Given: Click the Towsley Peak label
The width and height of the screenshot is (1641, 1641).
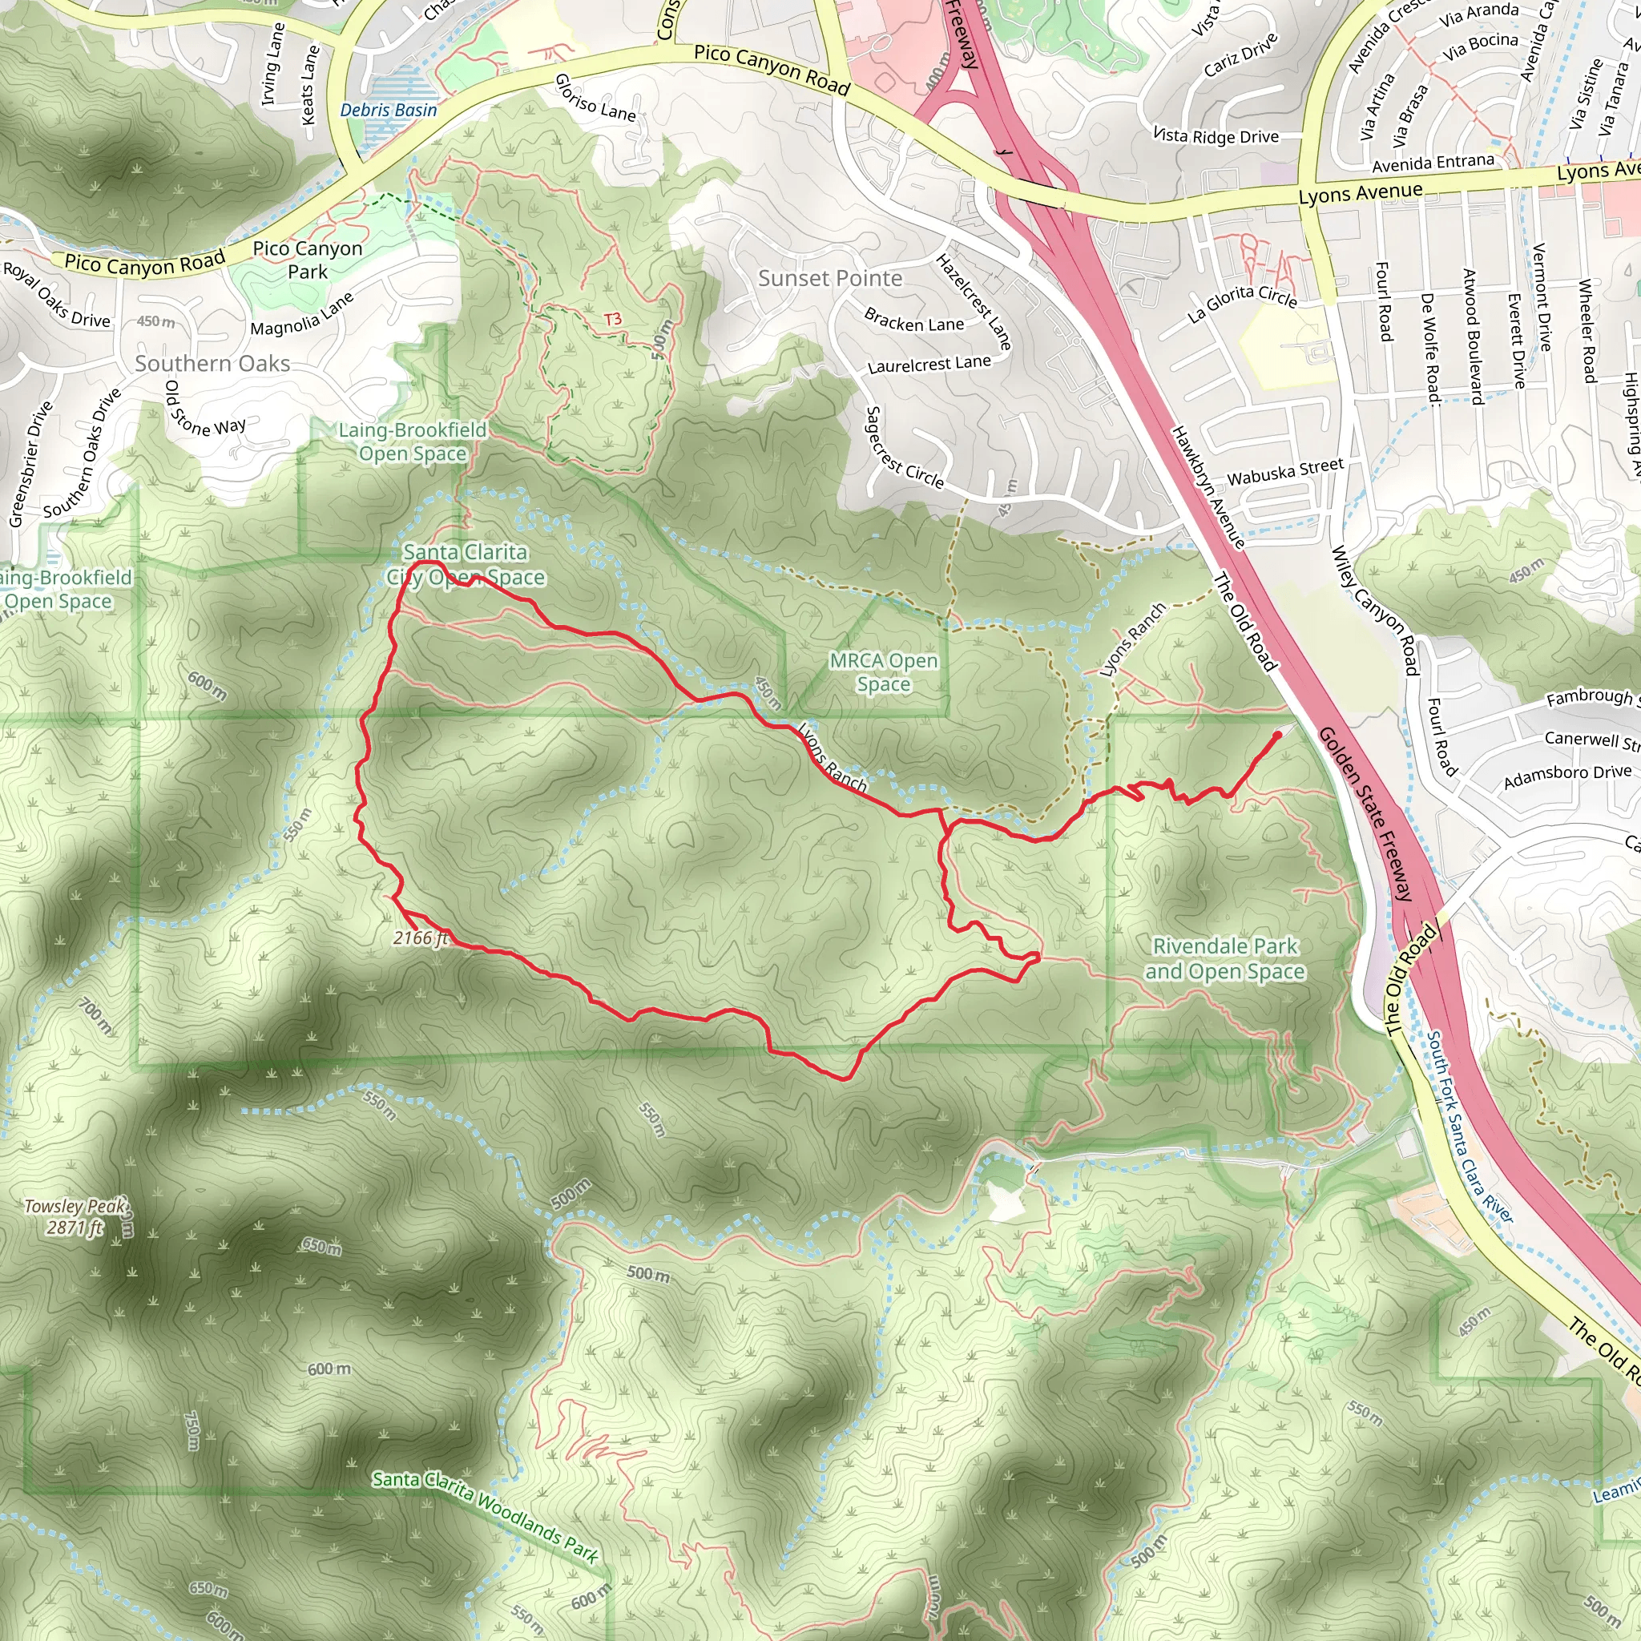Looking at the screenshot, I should (75, 1216).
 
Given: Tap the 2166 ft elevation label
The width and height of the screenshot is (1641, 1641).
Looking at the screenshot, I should (421, 937).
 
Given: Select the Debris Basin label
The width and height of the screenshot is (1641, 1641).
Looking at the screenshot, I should (388, 110).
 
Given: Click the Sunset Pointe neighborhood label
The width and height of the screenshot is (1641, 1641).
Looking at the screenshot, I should (830, 279).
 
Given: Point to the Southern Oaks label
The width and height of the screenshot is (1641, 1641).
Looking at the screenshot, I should (212, 364).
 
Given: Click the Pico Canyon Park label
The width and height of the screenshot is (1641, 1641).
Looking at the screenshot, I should (308, 260).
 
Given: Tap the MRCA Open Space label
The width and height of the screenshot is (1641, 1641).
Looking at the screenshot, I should (883, 671).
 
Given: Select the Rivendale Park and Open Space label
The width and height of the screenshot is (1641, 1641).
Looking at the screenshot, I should (1225, 958).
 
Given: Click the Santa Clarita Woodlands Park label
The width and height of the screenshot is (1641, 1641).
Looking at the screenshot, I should (486, 1514).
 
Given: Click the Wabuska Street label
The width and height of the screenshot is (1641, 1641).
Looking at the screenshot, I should (1285, 471).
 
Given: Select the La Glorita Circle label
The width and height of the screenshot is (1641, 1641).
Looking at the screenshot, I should (1242, 303).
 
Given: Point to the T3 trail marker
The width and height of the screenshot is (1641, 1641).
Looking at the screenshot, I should (612, 320).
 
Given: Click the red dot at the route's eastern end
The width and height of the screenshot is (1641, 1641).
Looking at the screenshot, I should (1277, 736).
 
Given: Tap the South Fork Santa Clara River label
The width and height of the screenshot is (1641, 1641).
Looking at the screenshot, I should (1469, 1127).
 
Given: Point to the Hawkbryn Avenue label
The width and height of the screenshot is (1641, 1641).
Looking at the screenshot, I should (1208, 486).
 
